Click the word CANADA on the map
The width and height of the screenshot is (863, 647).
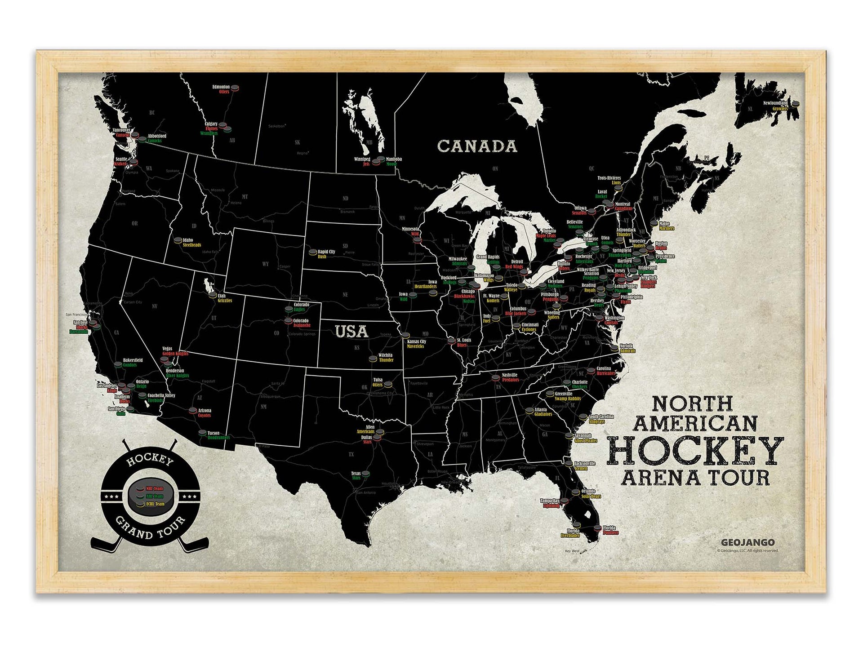[477, 146]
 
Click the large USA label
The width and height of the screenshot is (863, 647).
[351, 332]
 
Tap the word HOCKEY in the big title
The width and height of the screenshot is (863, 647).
[695, 451]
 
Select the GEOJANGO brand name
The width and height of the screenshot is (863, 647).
[747, 542]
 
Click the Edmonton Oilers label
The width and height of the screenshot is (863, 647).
[221, 89]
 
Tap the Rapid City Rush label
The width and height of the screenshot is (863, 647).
[326, 254]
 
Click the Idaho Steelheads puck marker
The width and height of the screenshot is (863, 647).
[178, 240]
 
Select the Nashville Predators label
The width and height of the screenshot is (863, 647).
[510, 377]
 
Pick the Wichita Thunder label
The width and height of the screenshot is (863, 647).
[386, 357]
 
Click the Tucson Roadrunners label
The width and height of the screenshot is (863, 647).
[218, 435]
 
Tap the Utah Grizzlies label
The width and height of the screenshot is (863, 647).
[224, 298]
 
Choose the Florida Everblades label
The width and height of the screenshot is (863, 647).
[571, 533]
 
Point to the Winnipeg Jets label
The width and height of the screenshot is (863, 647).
[362, 161]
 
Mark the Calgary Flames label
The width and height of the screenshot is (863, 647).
[211, 126]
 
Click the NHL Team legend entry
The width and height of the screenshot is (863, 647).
[154, 488]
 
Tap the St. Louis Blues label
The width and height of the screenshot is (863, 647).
[463, 342]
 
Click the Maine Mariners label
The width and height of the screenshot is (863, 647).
[666, 226]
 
